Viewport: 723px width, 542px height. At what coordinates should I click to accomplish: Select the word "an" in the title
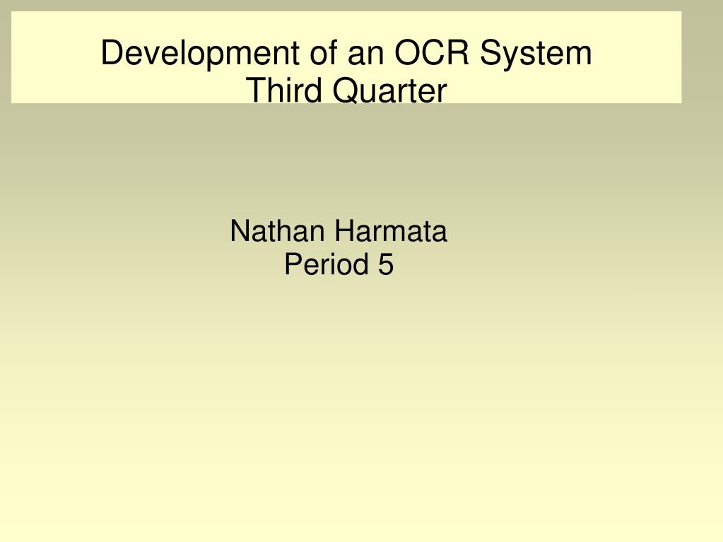365,55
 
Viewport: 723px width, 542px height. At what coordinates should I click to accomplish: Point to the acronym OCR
432,52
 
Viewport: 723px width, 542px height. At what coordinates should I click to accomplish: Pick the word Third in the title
283,90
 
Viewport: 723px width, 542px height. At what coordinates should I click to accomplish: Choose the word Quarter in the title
389,90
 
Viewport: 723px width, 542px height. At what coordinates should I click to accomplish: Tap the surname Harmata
391,231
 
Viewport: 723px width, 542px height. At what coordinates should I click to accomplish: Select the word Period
326,264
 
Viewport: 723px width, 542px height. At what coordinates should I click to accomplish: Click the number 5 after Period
386,264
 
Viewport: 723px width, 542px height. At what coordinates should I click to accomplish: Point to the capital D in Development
113,52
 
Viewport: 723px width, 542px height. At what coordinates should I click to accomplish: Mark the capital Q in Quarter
346,90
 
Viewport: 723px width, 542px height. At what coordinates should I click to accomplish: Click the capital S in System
490,52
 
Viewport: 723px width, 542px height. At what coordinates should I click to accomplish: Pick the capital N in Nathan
240,231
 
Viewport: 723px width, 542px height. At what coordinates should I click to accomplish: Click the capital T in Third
256,90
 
